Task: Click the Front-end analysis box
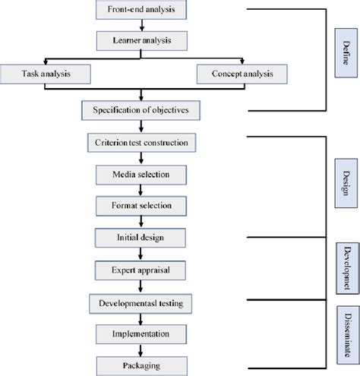[141, 10]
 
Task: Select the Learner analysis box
[142, 41]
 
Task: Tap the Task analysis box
[46, 74]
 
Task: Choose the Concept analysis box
[242, 74]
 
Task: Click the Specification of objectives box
[141, 110]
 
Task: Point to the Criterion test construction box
[141, 143]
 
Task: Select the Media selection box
[141, 175]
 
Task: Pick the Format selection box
[141, 206]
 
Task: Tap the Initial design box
[141, 238]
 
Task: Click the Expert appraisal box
[141, 270]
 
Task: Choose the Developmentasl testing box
[141, 304]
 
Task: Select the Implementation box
[141, 334]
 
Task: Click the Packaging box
[142, 366]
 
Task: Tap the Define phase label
[346, 53]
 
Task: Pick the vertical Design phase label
[346, 183]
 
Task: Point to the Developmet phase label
[348, 268]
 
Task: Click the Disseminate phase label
[349, 335]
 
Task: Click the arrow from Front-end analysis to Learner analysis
[142, 25]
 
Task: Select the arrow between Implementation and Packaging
[141, 350]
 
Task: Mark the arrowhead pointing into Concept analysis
[242, 62]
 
